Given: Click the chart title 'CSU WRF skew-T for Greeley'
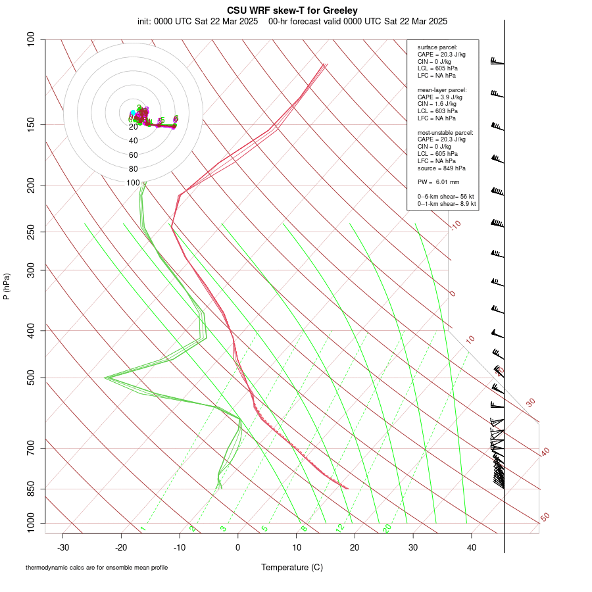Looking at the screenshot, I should pos(292,11).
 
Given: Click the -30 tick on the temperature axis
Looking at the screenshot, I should pos(63,547).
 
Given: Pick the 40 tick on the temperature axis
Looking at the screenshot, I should pos(471,547).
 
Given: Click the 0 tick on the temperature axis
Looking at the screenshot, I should pos(238,547).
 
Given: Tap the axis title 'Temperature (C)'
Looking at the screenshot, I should pos(291,567).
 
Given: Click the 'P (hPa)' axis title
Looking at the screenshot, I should pos(7,287).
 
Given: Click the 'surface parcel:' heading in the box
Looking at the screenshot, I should pos(437,47).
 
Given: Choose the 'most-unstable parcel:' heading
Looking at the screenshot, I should pos(445,132).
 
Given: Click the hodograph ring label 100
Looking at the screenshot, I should pos(134,183).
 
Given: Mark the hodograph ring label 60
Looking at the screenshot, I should pos(134,155).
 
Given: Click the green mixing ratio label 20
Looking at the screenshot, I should pos(387,528).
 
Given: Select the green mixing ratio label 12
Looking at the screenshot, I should pos(340,528).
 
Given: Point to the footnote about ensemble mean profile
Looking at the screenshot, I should pos(97,568).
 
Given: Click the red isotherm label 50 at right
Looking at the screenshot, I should pos(545,518).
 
